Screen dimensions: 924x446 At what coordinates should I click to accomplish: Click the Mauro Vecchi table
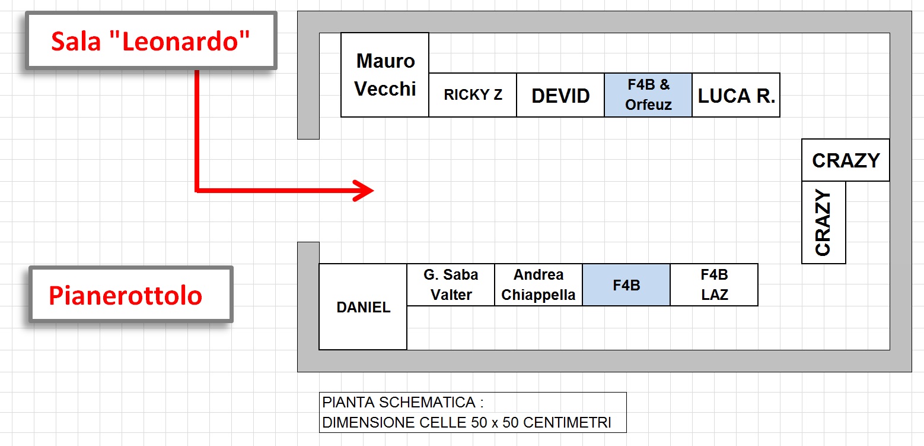coord(385,75)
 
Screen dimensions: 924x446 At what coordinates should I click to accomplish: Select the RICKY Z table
coord(473,95)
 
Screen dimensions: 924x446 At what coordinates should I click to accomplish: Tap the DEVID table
coord(560,95)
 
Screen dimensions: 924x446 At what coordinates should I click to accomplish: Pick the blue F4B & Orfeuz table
coord(648,95)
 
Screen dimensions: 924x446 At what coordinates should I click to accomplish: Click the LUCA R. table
coord(737,95)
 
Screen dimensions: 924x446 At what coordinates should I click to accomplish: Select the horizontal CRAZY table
coord(846,160)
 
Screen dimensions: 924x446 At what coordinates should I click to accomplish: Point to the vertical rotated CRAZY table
coord(824,223)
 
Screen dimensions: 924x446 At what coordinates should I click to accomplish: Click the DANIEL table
coord(363,307)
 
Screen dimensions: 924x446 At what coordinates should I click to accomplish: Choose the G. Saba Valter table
coord(451,285)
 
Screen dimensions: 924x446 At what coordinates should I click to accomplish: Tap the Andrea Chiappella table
coord(539,285)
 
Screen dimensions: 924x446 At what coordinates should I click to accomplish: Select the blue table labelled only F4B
coord(627,285)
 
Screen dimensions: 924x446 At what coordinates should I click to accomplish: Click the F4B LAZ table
coord(715,285)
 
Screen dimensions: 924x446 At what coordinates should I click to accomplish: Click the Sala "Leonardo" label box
coord(151,40)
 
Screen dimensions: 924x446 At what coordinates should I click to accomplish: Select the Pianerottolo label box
coord(131,295)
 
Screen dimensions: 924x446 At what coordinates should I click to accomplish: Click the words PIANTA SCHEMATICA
coord(399,402)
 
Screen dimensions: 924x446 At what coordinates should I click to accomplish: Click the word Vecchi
coord(385,89)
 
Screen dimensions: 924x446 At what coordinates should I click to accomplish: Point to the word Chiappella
coord(539,295)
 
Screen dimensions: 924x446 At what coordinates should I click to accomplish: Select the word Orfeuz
coord(648,105)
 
